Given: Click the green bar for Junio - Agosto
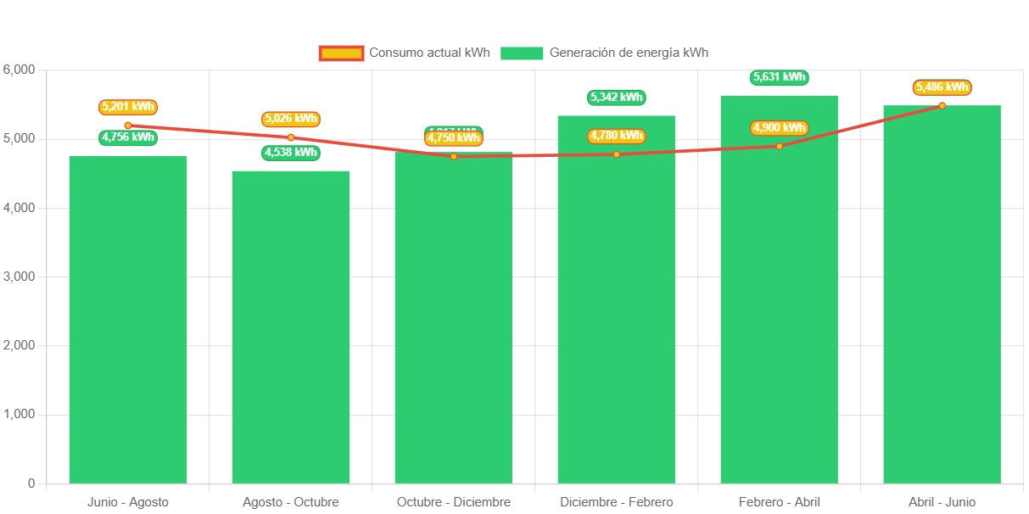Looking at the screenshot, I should click(127, 322).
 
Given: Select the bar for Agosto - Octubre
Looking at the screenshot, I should click(290, 331).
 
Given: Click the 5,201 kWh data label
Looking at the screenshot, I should click(127, 107).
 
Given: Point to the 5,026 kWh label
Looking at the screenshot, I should click(290, 119).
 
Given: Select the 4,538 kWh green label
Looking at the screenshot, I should click(290, 153).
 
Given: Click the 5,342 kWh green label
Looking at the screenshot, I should click(616, 98).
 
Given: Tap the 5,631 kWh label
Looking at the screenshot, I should click(779, 77).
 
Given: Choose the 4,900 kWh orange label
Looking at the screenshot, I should click(779, 128).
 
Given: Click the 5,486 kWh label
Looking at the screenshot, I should click(942, 87).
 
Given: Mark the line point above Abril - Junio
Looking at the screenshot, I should click(942, 106).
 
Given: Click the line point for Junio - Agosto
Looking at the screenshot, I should click(127, 126).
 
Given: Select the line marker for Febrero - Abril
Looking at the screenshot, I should click(779, 146).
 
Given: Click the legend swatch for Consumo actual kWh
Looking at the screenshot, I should click(341, 53).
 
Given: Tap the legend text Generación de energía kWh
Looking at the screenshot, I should click(629, 53).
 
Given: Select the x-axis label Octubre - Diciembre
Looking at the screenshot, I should click(453, 502).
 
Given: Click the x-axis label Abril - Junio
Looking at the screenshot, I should click(942, 502).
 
